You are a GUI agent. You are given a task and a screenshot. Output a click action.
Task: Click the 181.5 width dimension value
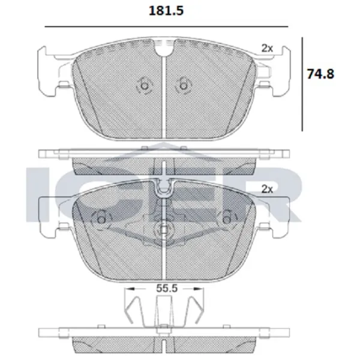(x=166, y=11)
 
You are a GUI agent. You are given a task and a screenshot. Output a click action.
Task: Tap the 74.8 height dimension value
(x=320, y=74)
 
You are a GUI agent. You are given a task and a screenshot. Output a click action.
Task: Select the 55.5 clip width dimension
(x=167, y=288)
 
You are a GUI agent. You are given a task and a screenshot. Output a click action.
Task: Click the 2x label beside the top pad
(x=267, y=48)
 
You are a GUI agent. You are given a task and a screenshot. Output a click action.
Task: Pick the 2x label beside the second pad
(x=267, y=189)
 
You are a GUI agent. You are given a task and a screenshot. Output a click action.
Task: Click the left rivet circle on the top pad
(x=145, y=86)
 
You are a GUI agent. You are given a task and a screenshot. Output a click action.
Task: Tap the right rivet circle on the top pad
(x=183, y=86)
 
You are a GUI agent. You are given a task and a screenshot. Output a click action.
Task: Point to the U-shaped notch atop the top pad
(x=164, y=49)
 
